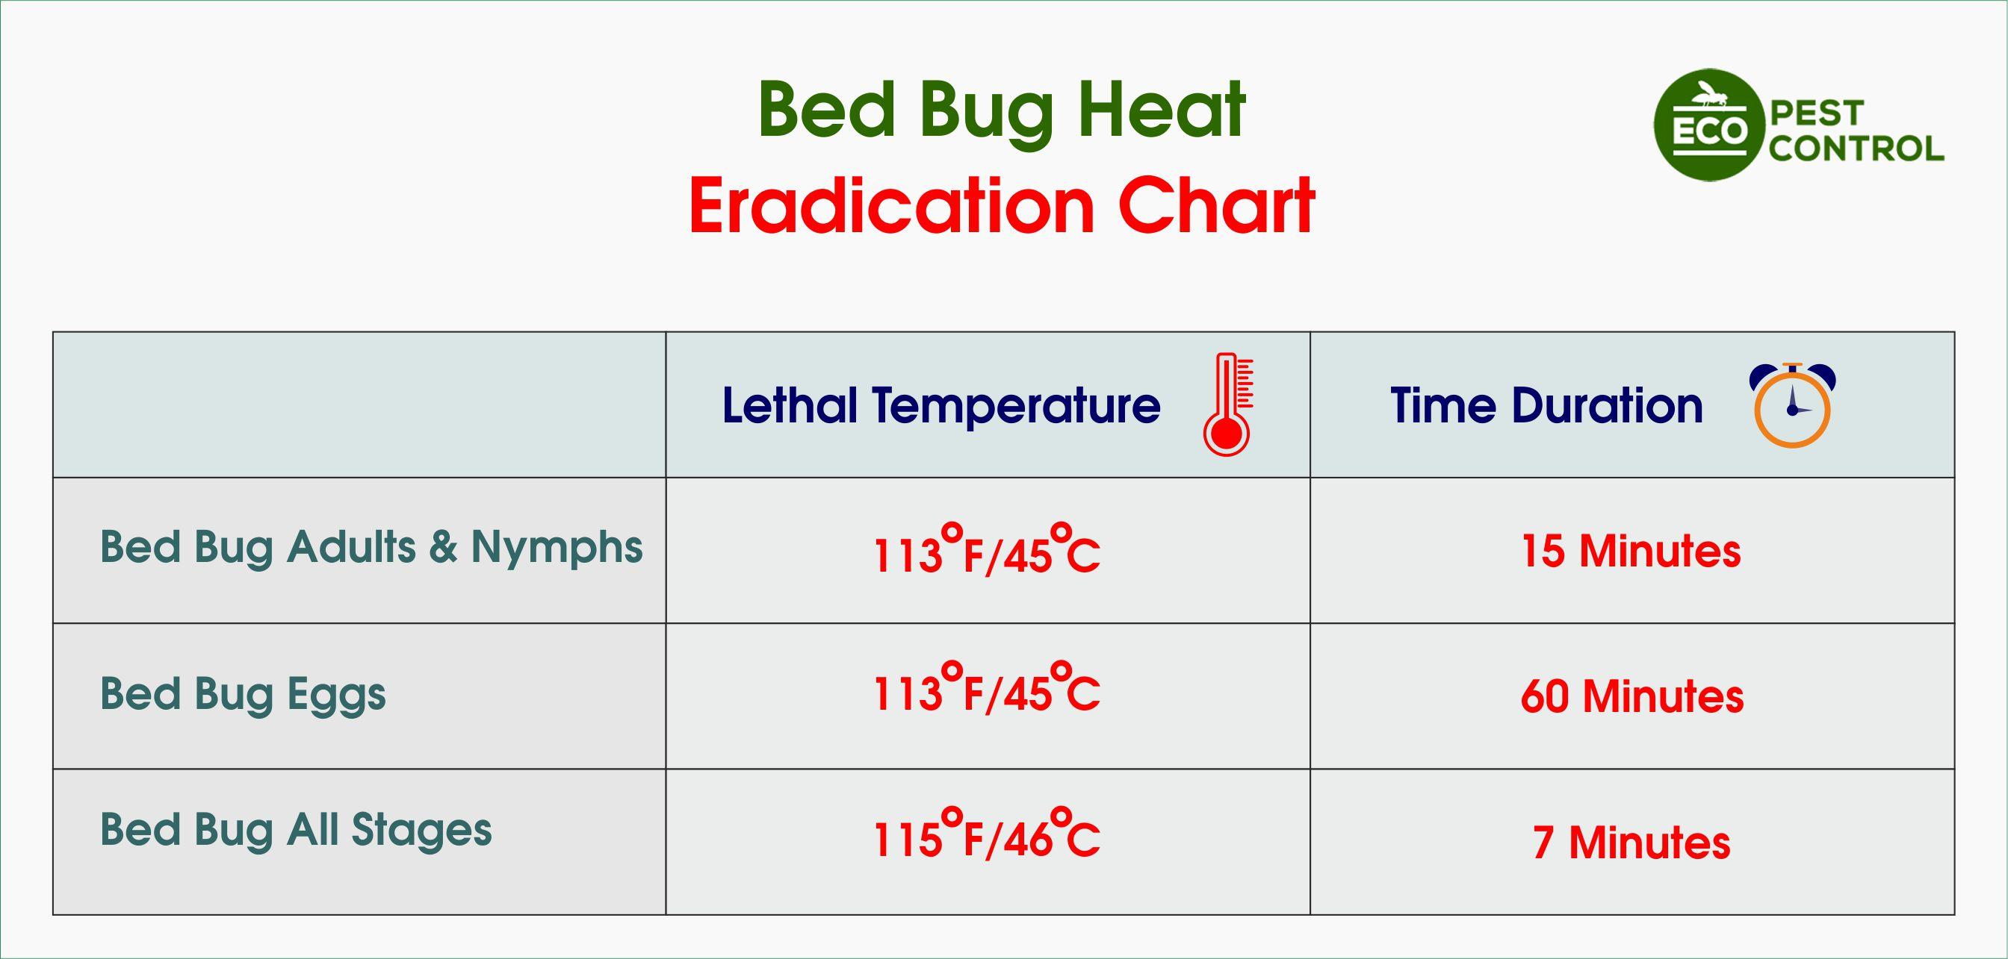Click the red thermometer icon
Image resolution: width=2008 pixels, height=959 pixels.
(x=1227, y=405)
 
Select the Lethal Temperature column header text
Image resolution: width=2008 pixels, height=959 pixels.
(x=941, y=406)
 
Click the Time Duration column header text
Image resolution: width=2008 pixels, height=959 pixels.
(x=1546, y=406)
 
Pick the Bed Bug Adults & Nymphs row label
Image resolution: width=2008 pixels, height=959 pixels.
(x=371, y=547)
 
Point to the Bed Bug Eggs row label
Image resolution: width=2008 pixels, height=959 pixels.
(x=243, y=694)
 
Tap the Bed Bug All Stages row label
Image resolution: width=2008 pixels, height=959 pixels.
(x=295, y=830)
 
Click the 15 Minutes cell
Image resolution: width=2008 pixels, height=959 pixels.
(x=1631, y=551)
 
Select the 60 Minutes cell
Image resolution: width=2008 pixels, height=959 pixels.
(x=1631, y=696)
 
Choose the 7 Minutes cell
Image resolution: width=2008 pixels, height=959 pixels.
(x=1631, y=843)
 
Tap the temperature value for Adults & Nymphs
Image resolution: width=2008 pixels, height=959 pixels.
(x=986, y=552)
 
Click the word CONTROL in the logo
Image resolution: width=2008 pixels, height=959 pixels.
(x=1856, y=149)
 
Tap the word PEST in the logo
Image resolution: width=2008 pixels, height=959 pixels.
(x=1817, y=113)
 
